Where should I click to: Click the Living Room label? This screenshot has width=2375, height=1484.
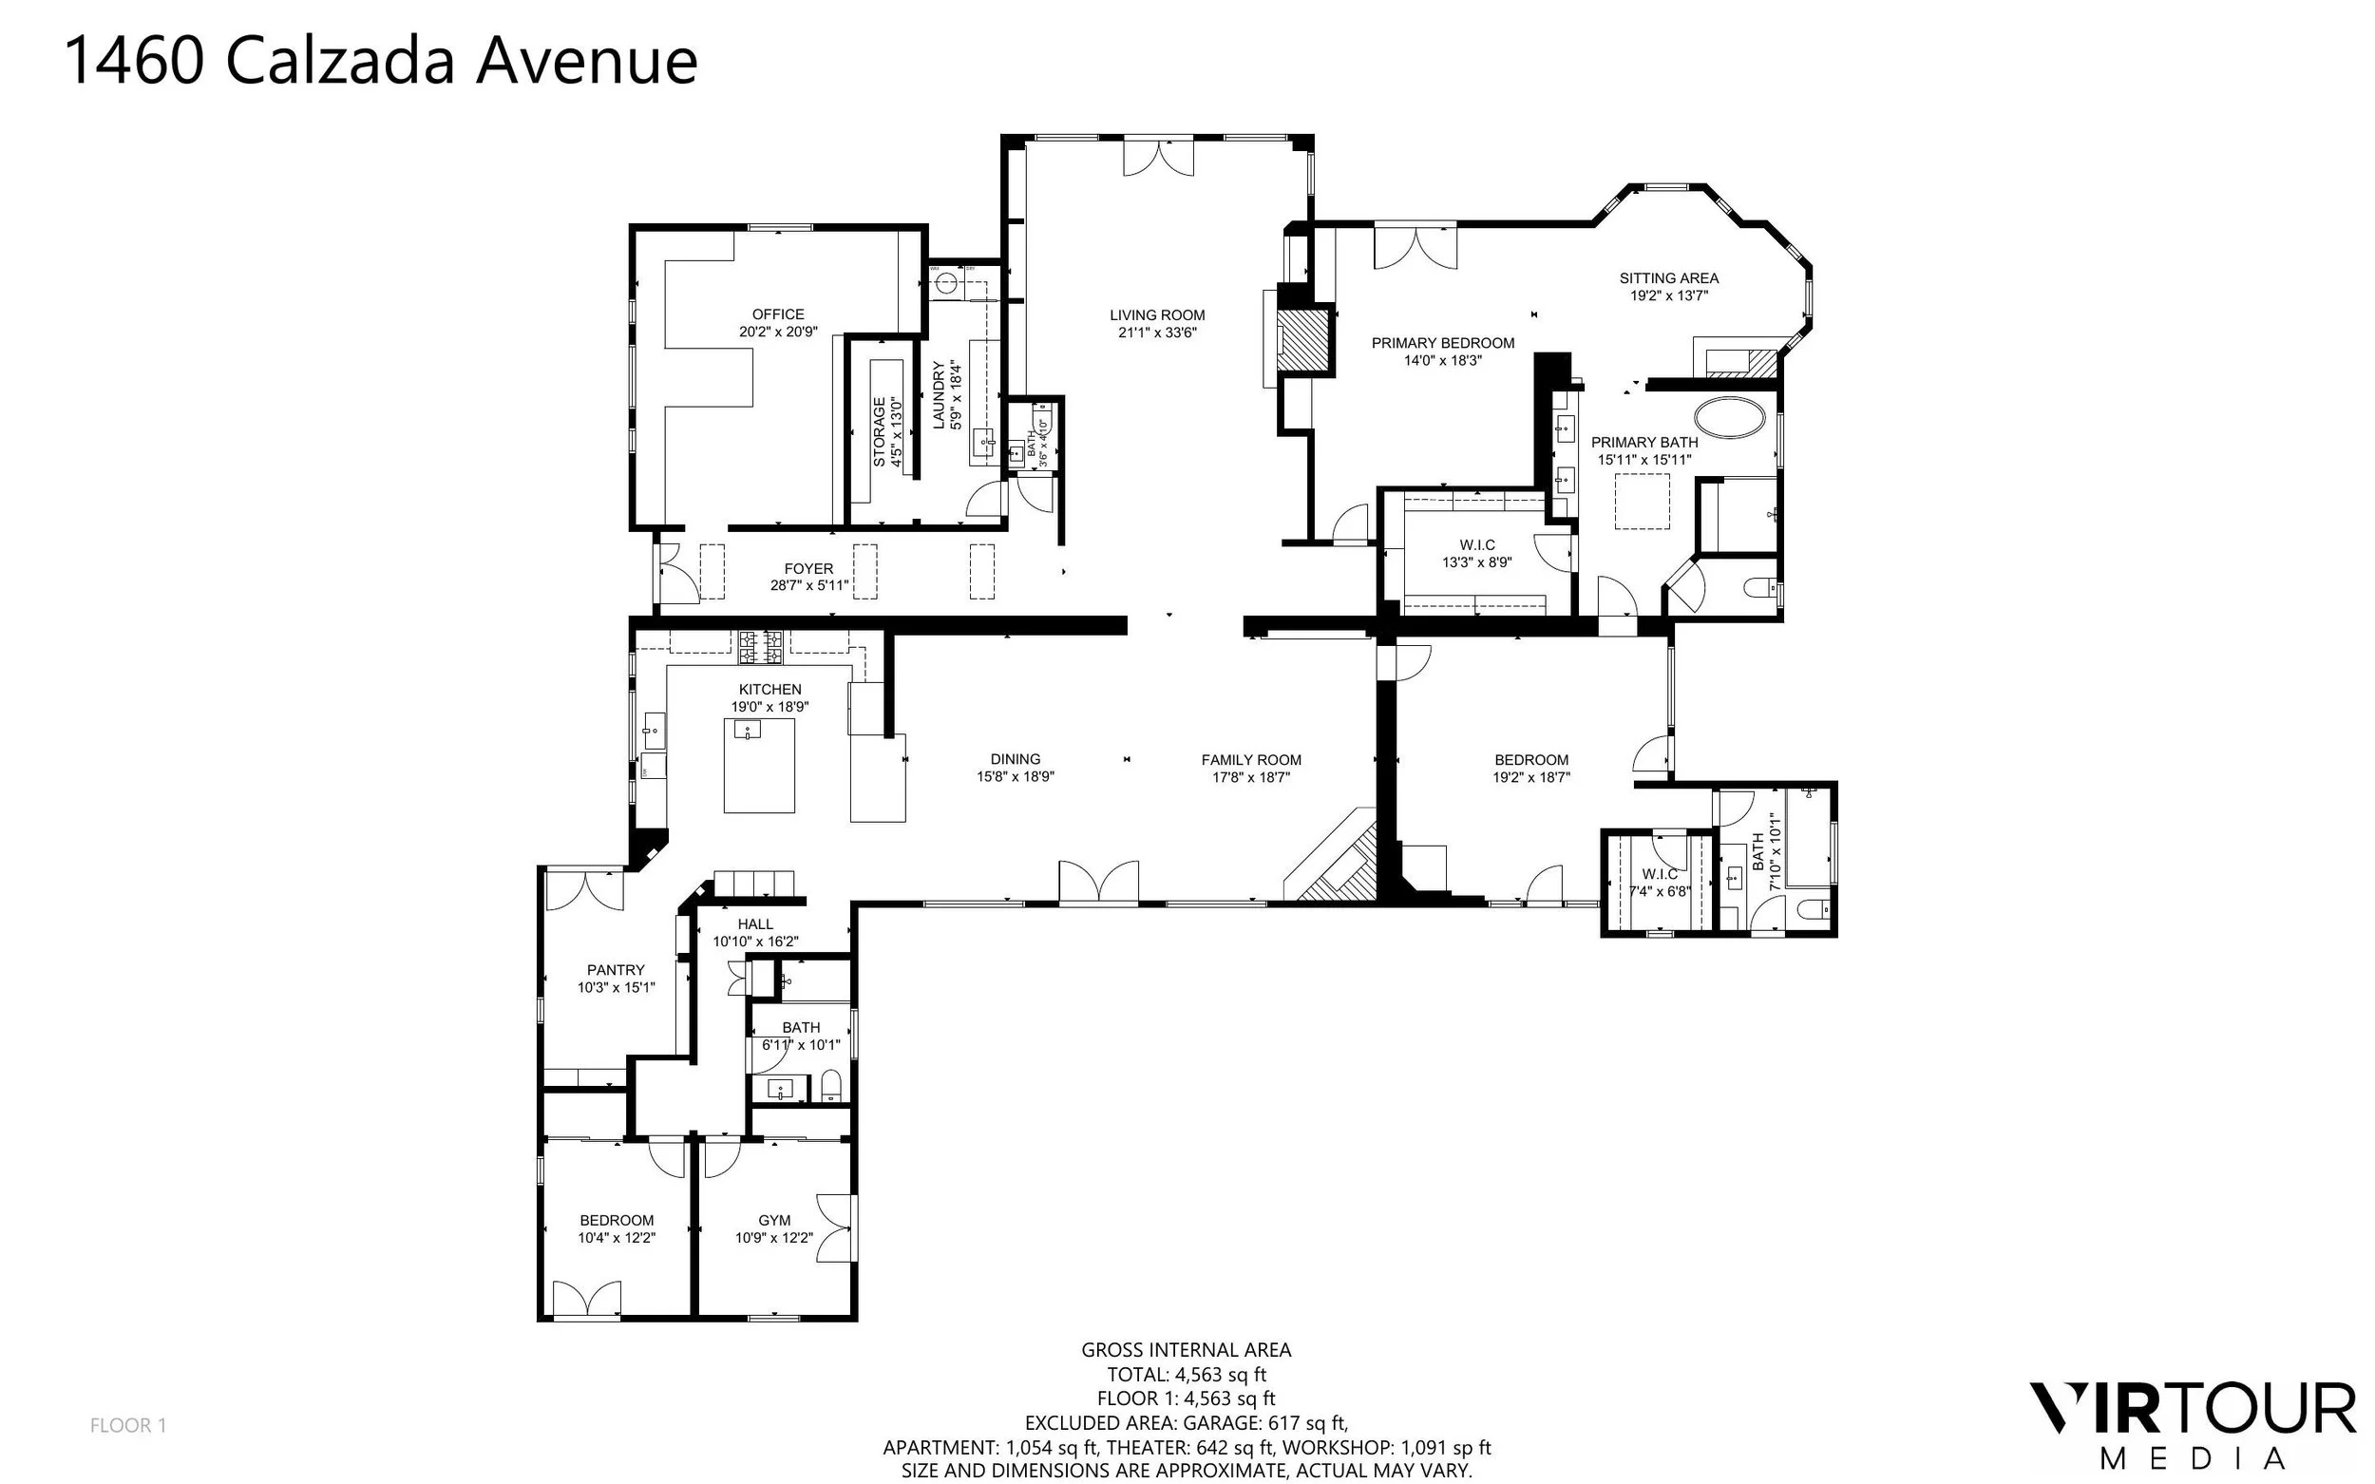(x=1157, y=315)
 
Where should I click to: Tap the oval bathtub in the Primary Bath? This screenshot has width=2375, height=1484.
(x=1730, y=417)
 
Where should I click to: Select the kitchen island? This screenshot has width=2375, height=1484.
(x=759, y=766)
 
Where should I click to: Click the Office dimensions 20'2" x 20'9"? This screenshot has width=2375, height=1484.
(x=778, y=332)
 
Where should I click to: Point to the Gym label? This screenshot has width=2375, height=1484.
(x=774, y=1220)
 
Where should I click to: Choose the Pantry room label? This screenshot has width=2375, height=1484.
(x=617, y=970)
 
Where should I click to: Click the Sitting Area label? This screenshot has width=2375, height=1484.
(x=1668, y=277)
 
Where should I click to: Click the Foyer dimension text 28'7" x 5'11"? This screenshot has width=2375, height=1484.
(x=808, y=586)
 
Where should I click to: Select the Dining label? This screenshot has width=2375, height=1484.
(x=1015, y=759)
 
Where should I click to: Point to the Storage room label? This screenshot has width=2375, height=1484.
(x=880, y=431)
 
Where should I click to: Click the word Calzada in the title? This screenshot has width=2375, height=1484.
(x=340, y=61)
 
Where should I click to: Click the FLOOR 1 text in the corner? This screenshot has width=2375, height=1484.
(x=128, y=1425)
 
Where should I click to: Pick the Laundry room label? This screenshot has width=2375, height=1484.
(x=939, y=394)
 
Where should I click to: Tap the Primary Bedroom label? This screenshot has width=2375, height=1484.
(x=1443, y=343)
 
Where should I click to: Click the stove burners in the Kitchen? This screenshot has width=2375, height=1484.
(x=762, y=645)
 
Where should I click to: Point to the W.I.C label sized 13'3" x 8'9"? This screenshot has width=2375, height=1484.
(x=1477, y=544)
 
